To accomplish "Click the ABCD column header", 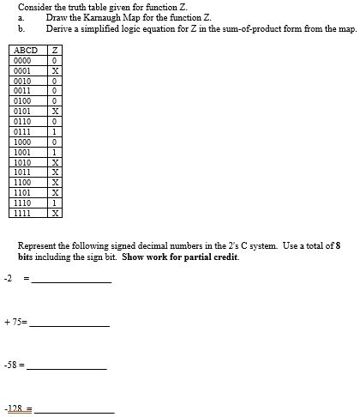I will point(24,51).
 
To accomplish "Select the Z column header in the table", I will point(55,51).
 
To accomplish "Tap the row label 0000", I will point(23,61).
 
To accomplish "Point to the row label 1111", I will point(23,213).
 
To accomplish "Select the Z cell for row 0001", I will point(55,70).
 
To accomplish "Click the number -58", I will point(11,365).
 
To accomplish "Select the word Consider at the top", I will point(33,7).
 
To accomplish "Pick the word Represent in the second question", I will point(36,245).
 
